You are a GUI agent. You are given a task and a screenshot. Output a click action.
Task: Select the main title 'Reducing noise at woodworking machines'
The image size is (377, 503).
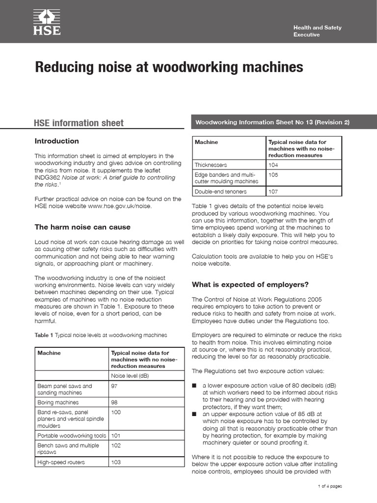pyautogui.click(x=169, y=67)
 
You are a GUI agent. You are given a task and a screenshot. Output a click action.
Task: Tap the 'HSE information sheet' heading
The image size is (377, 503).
pyautogui.click(x=79, y=123)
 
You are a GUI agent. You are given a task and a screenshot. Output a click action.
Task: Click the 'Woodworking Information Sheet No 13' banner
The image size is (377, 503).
pyautogui.click(x=272, y=122)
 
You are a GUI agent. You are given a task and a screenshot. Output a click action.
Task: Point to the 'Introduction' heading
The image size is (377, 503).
pyautogui.click(x=56, y=141)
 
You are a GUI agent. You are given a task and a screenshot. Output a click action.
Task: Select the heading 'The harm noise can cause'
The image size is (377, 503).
pyautogui.click(x=82, y=227)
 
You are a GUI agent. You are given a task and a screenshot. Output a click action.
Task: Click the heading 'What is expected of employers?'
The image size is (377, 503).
pyautogui.click(x=250, y=285)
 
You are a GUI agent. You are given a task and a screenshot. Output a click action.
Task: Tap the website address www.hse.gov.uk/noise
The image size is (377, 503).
pyautogui.click(x=119, y=206)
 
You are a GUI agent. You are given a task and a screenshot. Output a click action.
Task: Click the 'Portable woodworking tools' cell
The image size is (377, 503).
pyautogui.click(x=72, y=436)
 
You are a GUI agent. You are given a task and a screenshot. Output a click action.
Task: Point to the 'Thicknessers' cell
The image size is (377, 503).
pyautogui.click(x=211, y=165)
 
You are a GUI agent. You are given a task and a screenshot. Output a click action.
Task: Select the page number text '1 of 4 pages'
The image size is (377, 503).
pyautogui.click(x=329, y=486)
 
